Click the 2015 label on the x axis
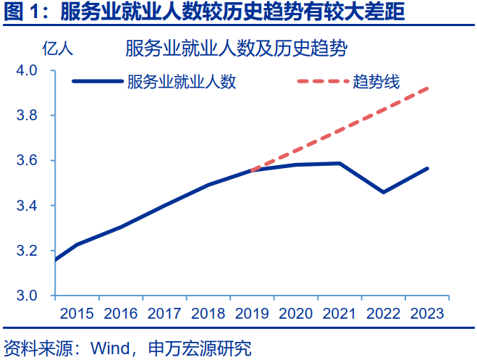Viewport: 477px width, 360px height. coord(77,314)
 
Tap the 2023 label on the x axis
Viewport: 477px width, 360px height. coord(427,314)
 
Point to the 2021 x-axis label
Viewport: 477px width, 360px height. coord(339,314)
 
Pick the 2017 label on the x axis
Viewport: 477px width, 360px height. coord(164,314)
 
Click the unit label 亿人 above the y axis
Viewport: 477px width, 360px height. coord(57,49)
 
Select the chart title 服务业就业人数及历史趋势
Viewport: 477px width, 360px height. coord(236,49)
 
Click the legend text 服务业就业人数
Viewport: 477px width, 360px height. coord(181,81)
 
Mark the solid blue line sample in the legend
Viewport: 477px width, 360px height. coord(98,81)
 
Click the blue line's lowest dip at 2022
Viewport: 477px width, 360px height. coord(383,192)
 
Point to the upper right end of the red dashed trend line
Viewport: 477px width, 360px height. coord(428,88)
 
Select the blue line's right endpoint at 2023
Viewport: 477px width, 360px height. coord(428,168)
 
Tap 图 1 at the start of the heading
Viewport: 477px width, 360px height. coord(20,12)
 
